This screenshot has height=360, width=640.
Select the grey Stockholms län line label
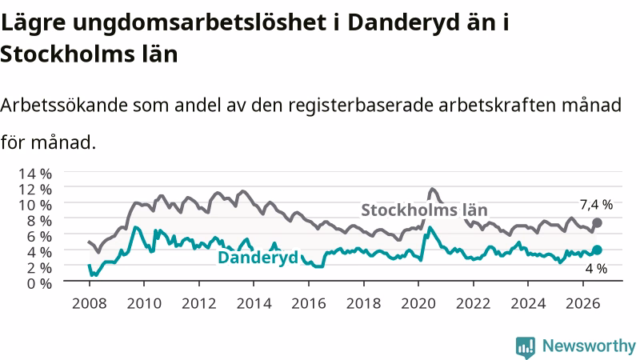(x=425, y=210)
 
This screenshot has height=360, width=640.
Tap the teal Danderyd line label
(x=258, y=258)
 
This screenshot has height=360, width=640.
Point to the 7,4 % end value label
(x=596, y=205)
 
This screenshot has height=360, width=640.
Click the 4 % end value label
(x=596, y=269)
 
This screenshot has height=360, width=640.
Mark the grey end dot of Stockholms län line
(x=597, y=223)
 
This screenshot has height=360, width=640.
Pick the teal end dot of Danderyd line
(x=597, y=250)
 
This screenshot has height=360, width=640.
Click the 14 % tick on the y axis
(x=35, y=174)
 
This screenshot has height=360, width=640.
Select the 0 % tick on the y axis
(x=39, y=283)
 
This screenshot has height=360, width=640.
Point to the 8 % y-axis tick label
(x=39, y=221)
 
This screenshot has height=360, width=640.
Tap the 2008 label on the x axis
(x=90, y=304)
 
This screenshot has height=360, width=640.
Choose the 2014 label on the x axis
(x=254, y=304)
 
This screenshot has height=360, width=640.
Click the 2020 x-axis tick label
(x=418, y=304)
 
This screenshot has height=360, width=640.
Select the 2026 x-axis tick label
(x=583, y=304)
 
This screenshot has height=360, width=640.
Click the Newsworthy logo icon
(x=526, y=347)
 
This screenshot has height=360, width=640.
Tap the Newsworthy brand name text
(x=589, y=346)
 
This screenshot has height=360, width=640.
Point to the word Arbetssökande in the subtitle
(x=64, y=106)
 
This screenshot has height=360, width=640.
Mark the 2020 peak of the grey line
(x=432, y=189)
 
